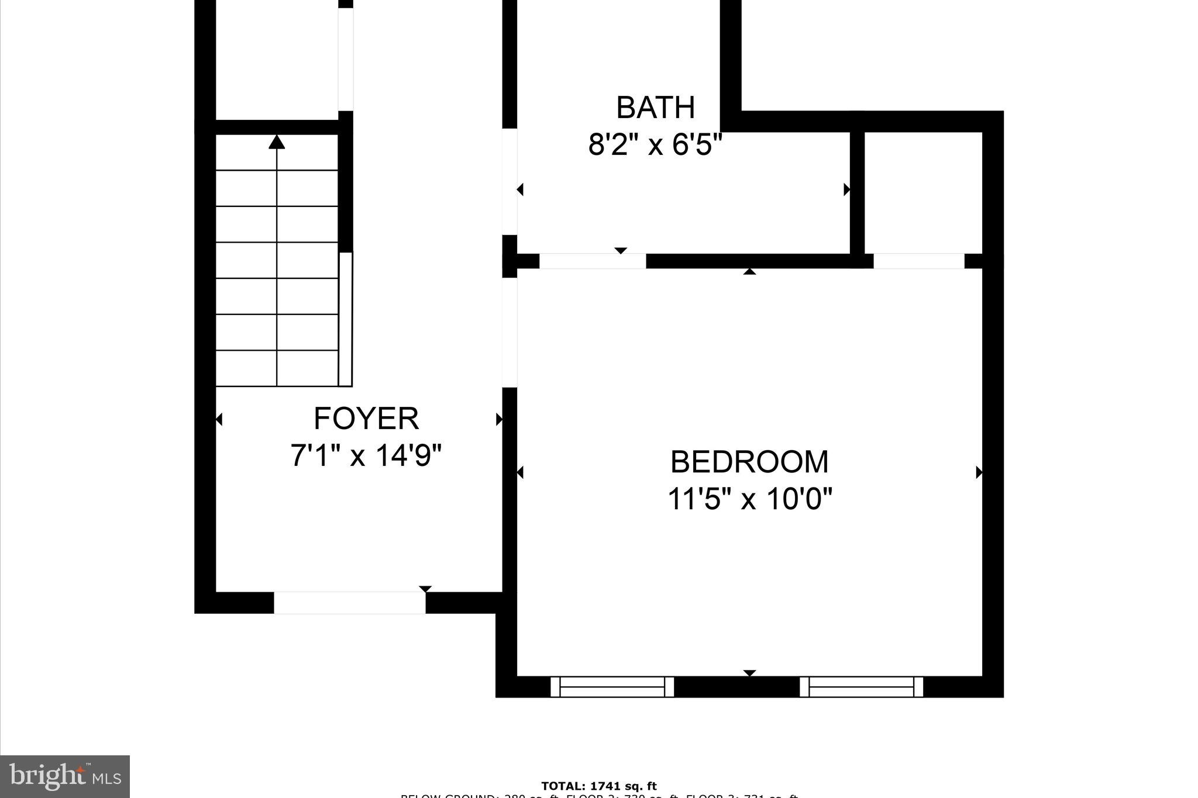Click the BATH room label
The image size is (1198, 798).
pos(655,108)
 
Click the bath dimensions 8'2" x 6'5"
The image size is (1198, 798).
pos(655,144)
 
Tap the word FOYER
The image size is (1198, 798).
pos(366,419)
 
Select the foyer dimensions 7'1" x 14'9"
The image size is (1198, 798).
pos(366,455)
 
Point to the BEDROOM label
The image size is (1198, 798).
pos(749,462)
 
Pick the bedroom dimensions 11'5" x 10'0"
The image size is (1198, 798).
pos(749,499)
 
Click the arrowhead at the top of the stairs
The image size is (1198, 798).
pos(277,141)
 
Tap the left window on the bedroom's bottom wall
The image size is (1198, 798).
pos(612,686)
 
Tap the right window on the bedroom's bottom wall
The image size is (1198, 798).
pos(861,686)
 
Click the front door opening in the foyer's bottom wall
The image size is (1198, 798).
pos(349,603)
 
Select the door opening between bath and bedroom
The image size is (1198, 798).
pos(592,261)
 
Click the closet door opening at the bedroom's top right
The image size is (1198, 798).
pos(918,261)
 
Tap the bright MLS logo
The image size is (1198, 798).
pos(65,776)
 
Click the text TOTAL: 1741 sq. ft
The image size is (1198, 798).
pos(599,786)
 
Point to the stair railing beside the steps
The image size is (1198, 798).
pos(346,319)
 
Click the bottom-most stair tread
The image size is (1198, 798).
pos(277,368)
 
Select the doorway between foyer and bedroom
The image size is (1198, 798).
pos(510,331)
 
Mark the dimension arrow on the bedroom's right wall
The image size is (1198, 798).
pos(979,472)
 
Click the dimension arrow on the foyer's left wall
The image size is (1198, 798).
pos(219,419)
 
